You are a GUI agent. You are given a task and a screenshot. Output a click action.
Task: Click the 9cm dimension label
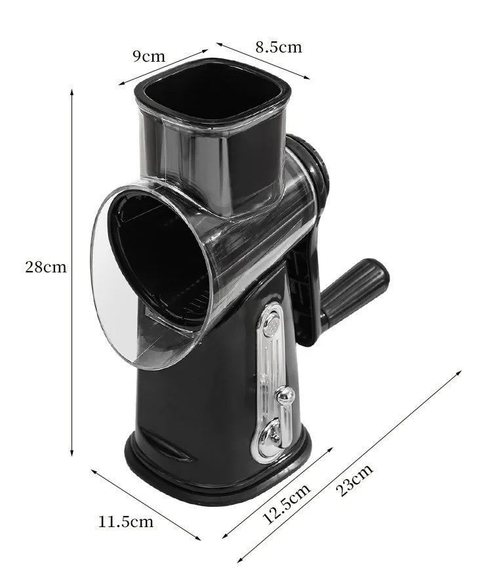[x=150, y=56]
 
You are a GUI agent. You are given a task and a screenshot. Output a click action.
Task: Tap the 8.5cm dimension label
[x=278, y=47]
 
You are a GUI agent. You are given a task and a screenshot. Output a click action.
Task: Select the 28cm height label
[x=46, y=267]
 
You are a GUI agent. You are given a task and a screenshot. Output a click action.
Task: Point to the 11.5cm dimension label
[x=126, y=522]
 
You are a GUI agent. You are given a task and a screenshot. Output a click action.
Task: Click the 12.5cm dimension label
[x=287, y=504]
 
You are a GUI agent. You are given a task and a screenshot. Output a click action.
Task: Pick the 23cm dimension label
[x=356, y=481]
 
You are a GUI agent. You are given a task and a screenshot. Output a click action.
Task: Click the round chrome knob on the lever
[x=283, y=395]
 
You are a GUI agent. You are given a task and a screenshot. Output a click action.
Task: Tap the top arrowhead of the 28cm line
[x=72, y=93]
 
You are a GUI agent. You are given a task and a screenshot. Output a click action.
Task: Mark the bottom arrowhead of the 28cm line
[x=72, y=452]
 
